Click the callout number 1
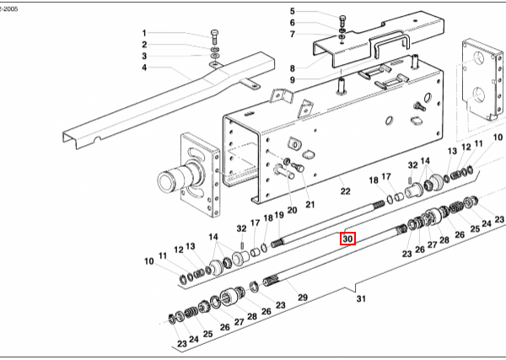coord(144,33)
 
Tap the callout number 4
coord(144,67)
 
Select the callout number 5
coord(293,12)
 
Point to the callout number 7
coord(293,35)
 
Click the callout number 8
coord(293,68)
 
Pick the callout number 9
coord(293,80)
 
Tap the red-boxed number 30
coord(347,239)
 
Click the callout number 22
coord(345,191)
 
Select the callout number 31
coord(361,299)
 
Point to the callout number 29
coord(303,297)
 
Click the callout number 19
coord(279,215)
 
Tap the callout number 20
coord(292,210)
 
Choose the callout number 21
coord(310,205)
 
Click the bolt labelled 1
coord(214,37)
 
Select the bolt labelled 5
coord(342,20)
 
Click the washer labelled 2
coord(214,50)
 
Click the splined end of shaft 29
coord(271,280)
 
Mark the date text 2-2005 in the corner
coord(9,9)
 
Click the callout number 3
coord(144,56)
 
